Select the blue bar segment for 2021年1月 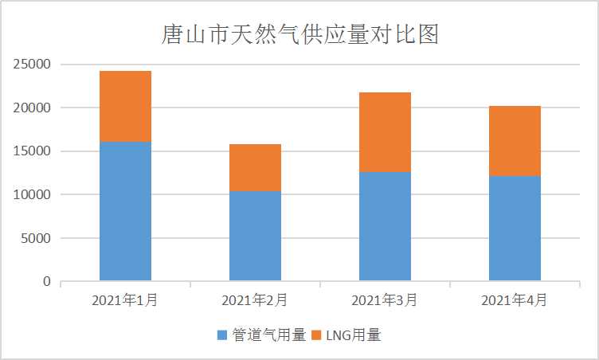pos(125,211)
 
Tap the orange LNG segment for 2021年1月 pos(125,106)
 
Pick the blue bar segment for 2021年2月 pos(255,236)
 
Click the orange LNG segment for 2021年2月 pos(255,167)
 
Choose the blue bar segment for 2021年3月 pos(385,226)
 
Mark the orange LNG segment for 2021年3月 pos(385,131)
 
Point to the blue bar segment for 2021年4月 pos(515,229)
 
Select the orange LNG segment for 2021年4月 pos(515,140)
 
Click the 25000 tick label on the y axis pos(33,65)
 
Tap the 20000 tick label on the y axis pos(33,108)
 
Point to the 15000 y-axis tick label pos(33,151)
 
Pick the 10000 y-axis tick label pos(33,194)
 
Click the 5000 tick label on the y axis pos(37,238)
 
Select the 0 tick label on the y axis pos(47,282)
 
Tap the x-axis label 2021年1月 pos(125,300)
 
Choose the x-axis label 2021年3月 pos(385,300)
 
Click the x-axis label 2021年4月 pos(515,300)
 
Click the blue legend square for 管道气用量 pos(222,335)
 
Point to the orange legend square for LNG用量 pos(316,335)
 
